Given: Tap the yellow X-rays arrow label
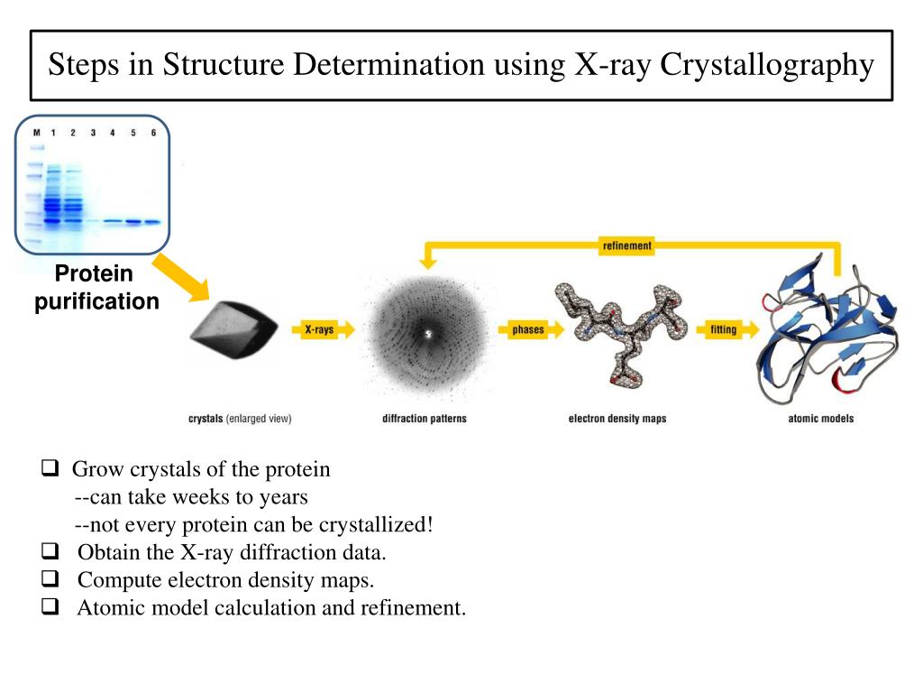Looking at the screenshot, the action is (x=318, y=330).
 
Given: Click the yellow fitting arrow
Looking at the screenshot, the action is (x=723, y=330).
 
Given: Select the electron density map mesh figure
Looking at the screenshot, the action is (x=621, y=334).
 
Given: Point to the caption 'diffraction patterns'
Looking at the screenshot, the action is (x=425, y=419).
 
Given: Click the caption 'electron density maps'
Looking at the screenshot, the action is (x=617, y=419).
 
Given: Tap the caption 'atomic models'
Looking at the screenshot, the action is (x=820, y=419).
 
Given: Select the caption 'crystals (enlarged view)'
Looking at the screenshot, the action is (x=240, y=419).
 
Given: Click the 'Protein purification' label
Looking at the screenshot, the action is (x=96, y=288).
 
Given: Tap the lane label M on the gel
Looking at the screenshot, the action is (x=37, y=134).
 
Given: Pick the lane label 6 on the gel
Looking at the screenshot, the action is (x=153, y=134).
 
